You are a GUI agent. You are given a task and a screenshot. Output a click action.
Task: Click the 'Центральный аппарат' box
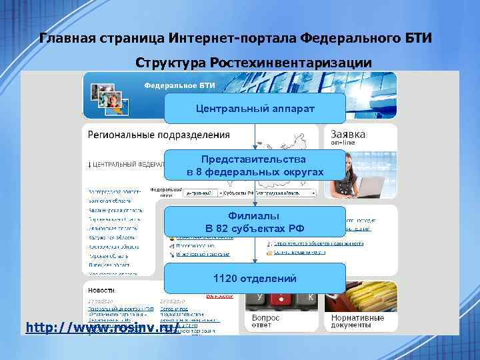255,108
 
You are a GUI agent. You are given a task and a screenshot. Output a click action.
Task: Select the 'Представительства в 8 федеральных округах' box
255,165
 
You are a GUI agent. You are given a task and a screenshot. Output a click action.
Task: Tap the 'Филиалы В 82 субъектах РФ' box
255,222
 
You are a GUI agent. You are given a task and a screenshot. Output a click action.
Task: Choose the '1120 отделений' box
255,278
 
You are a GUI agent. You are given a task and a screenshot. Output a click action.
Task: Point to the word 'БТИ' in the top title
416,37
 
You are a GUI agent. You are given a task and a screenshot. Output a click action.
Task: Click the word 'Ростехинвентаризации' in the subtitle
291,63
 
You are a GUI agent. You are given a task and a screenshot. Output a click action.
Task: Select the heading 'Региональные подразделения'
159,134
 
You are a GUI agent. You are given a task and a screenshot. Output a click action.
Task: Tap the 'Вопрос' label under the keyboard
265,318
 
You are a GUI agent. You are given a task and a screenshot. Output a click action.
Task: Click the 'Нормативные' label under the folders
357,318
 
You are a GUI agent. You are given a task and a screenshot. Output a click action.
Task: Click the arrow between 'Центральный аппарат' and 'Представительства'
255,136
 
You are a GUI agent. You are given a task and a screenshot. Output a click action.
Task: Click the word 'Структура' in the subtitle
171,63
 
